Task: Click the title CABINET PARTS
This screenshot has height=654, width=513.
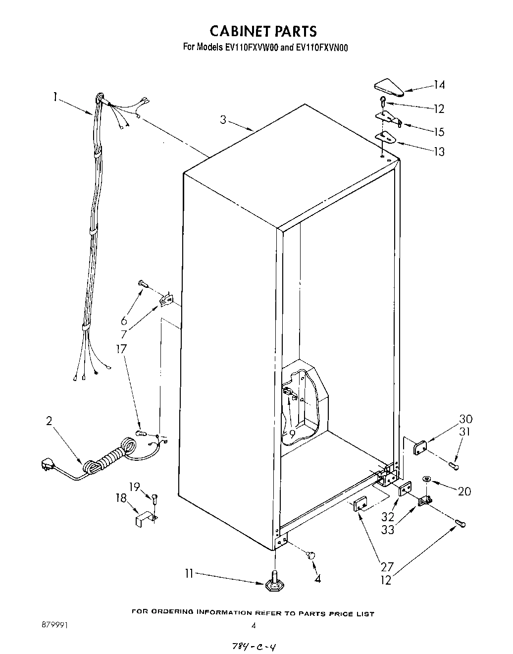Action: click(263, 31)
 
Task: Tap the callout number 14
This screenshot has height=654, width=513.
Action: click(439, 85)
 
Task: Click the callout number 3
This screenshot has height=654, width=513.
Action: click(223, 119)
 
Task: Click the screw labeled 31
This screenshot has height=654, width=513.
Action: click(453, 466)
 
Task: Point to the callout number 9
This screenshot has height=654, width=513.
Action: click(292, 434)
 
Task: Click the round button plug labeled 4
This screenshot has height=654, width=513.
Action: click(312, 555)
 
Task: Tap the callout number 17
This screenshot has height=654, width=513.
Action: click(121, 348)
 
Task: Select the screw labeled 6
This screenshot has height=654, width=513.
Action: click(143, 283)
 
